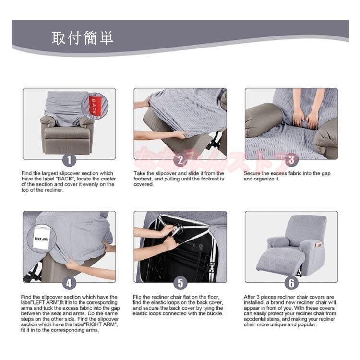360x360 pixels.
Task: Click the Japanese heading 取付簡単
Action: (83, 38)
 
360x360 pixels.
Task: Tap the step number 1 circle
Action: (69, 160)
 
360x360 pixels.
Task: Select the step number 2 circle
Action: (180, 160)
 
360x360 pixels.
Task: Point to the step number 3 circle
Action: (291, 160)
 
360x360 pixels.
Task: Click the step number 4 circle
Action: (69, 283)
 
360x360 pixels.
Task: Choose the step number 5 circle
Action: (180, 283)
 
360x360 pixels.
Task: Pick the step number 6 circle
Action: (291, 283)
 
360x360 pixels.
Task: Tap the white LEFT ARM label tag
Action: (41, 239)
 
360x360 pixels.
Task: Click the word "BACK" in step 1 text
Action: (65, 179)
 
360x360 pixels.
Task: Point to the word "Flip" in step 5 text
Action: (137, 297)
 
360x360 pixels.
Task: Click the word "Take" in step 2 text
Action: (139, 173)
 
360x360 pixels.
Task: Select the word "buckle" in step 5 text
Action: (216, 313)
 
